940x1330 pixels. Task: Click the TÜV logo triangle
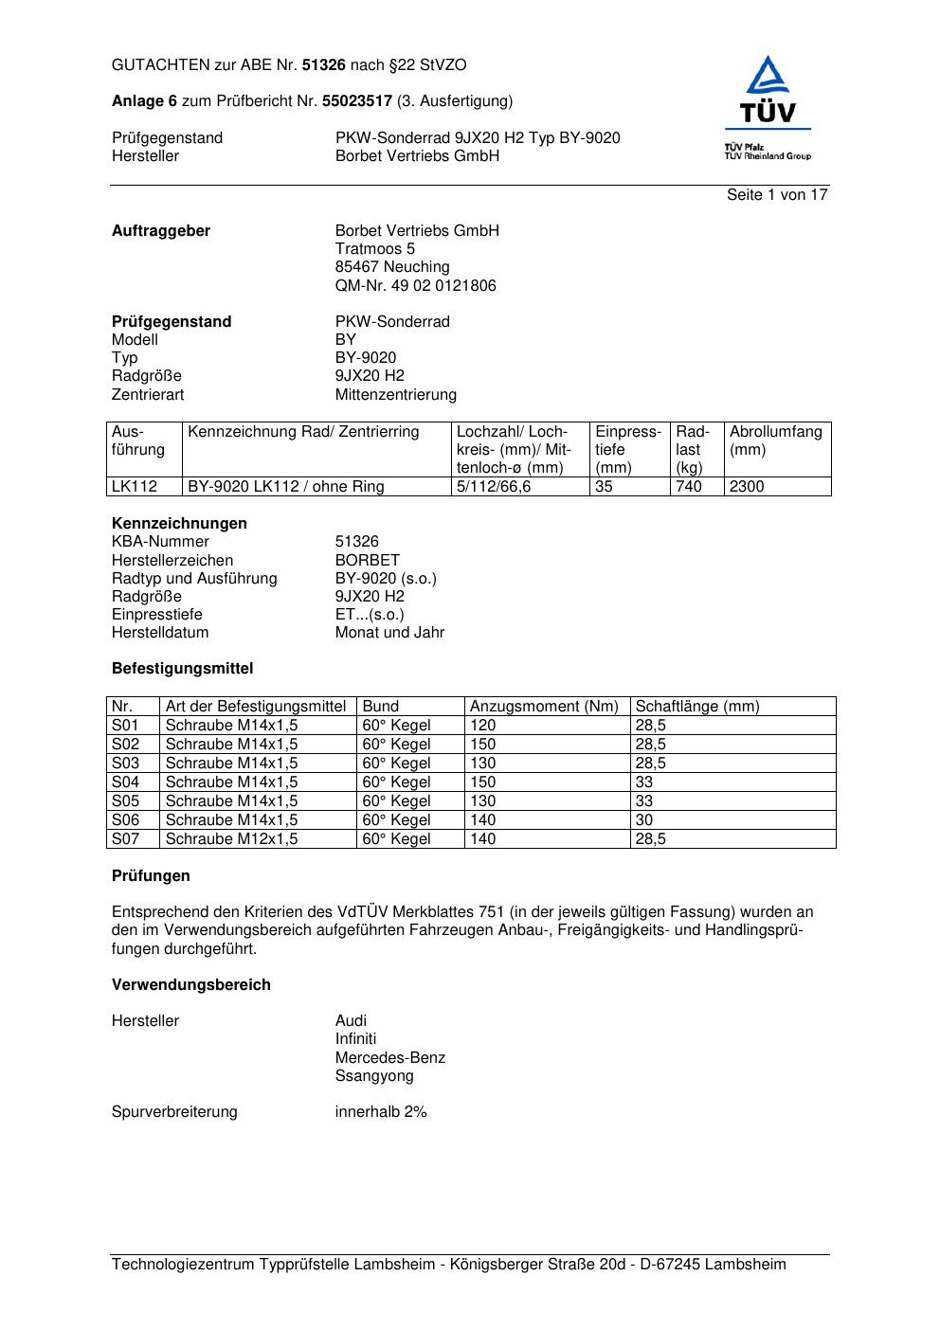tap(767, 78)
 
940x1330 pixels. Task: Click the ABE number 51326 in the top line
tap(324, 65)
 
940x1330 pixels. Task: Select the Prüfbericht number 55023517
tap(357, 101)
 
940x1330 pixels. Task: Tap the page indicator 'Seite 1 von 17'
tap(777, 195)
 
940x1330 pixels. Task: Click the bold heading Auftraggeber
tap(161, 231)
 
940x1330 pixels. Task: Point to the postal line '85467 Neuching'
tap(392, 267)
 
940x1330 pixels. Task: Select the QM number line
tap(415, 286)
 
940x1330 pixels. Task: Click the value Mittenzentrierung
tap(395, 395)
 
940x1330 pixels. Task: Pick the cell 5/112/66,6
tap(494, 487)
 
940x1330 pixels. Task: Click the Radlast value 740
tap(689, 487)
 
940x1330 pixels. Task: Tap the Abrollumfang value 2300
tap(747, 487)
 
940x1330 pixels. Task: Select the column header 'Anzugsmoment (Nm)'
tap(544, 707)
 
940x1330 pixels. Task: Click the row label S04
tap(125, 782)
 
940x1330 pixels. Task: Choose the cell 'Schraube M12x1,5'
tap(231, 839)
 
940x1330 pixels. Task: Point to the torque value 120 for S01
tap(482, 726)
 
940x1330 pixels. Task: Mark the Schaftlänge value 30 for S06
tap(644, 820)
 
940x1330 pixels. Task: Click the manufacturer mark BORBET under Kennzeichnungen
tap(368, 561)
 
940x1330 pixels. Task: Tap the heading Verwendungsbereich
tap(191, 985)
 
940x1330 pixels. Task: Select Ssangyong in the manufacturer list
tap(374, 1076)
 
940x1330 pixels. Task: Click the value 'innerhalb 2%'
tap(381, 1112)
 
